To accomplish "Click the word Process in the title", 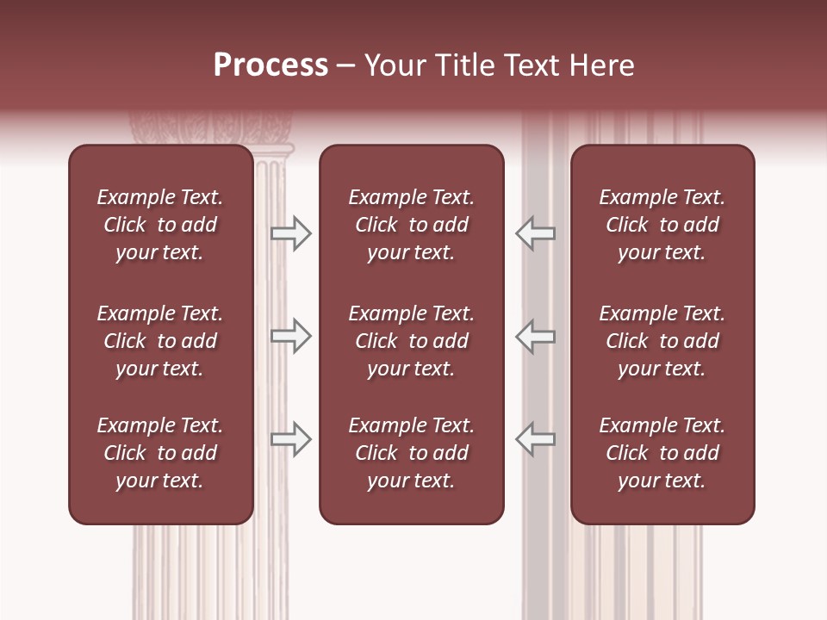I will [x=270, y=65].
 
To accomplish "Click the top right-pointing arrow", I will [x=291, y=233].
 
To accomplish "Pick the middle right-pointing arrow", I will [x=291, y=336].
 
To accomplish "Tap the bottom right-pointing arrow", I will [x=291, y=438].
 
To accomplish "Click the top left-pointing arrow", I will [x=535, y=233].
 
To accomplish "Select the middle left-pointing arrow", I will [x=535, y=336].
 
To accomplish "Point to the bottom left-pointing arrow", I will [x=535, y=438].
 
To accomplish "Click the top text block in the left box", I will [x=160, y=225].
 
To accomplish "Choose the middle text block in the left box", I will [x=160, y=341].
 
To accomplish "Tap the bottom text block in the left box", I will [x=160, y=453].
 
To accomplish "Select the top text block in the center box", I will [x=411, y=225].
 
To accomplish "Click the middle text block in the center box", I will [x=411, y=341].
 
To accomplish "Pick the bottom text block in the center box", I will [x=411, y=453].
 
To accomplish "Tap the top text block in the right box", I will [x=662, y=225].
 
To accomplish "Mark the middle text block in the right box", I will [x=662, y=341].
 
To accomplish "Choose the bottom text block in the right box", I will [x=662, y=453].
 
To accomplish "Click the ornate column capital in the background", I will [x=211, y=129].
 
